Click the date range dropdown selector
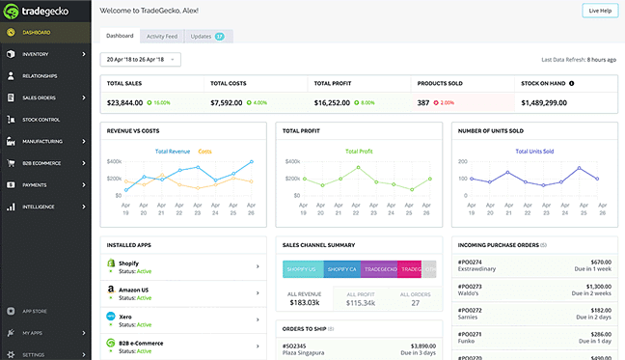point(140,60)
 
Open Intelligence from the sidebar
point(40,207)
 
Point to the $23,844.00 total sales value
point(125,101)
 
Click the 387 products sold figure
point(424,101)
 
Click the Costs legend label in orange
point(205,152)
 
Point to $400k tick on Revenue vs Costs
point(114,161)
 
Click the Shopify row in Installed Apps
point(183,266)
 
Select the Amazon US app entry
point(183,292)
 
